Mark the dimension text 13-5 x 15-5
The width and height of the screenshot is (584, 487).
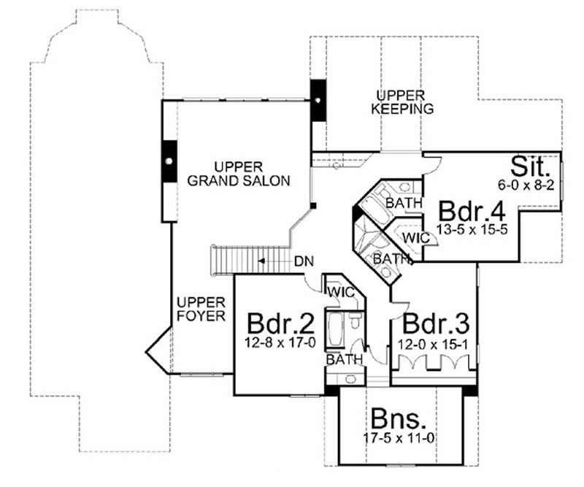point(472,229)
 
